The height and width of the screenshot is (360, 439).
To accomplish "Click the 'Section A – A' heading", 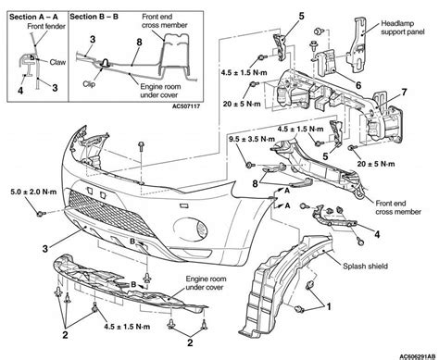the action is pos(33,17).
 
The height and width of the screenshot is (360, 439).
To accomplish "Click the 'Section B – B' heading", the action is pos(94,17).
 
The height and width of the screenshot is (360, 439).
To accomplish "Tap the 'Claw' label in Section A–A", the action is pos(57,62).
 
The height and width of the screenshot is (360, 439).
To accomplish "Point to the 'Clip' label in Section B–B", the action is pos(89,83).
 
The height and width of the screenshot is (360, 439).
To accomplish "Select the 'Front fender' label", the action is pos(46,27).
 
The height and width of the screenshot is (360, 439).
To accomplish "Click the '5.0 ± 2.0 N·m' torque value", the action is pos(33,192).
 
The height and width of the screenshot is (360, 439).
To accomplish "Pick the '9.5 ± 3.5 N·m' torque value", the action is pos(252,139).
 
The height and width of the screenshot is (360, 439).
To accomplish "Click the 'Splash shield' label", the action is pos(366,266).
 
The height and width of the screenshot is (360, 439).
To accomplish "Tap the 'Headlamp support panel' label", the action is pos(403,28).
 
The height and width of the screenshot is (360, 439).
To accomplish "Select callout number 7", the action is pos(404,93).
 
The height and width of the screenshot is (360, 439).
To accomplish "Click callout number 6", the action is pos(358,85).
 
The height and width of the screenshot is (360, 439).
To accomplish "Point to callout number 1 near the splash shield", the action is pos(329,306).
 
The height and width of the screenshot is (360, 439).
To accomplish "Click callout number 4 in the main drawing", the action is pos(377,234).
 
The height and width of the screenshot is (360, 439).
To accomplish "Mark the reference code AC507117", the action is pos(186,106).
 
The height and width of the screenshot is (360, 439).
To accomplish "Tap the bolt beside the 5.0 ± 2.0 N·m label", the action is pos(41,214).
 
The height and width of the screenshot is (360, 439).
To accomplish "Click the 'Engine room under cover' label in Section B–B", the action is pos(160,91).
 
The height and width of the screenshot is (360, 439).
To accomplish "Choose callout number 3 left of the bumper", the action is pos(45,249).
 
